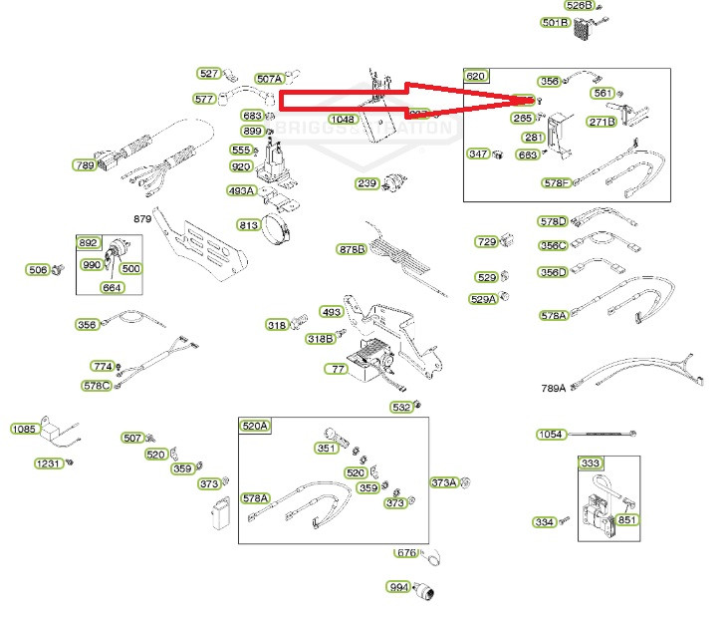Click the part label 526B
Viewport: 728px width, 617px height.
point(579,6)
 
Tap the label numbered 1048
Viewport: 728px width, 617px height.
point(343,120)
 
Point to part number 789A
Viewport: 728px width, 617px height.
point(553,389)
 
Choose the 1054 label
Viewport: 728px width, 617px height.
point(551,435)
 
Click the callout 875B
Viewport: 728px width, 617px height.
point(352,249)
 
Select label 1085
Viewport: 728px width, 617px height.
point(24,430)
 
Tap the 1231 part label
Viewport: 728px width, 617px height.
point(48,463)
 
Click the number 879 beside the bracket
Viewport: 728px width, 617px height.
point(142,218)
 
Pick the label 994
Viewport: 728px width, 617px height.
point(399,587)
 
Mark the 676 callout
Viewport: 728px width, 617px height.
point(406,553)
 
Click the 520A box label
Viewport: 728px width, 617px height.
point(255,426)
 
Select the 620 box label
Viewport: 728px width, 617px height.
point(477,77)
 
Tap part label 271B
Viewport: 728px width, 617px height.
point(602,123)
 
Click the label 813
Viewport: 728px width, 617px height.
point(249,225)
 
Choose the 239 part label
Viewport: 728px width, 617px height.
point(367,183)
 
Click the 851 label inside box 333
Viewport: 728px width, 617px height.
point(627,519)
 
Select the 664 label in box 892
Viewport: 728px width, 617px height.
point(113,288)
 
